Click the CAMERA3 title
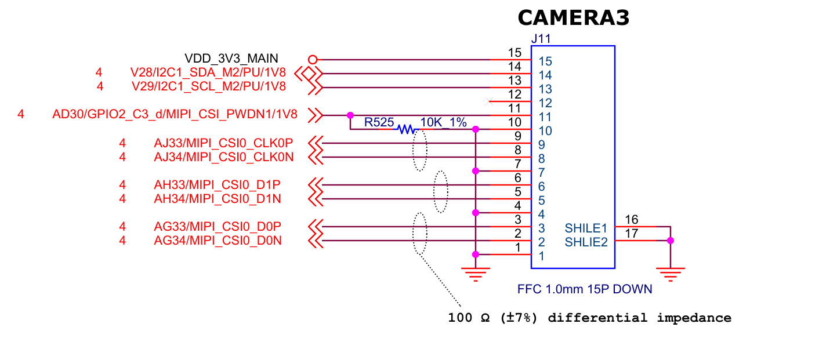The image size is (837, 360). tap(573, 18)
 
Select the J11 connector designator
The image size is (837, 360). tap(541, 39)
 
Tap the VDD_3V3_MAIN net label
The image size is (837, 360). tap(231, 59)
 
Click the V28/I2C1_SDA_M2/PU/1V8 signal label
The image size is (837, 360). tap(208, 73)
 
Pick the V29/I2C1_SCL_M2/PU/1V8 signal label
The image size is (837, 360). tap(208, 87)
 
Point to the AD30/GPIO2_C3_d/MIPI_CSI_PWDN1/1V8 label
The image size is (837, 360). tap(175, 115)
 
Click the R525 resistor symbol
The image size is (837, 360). tap(405, 129)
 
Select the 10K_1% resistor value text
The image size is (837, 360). tap(443, 122)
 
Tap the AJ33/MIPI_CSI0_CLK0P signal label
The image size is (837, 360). tap(223, 143)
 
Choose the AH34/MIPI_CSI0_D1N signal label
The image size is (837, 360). tap(218, 199)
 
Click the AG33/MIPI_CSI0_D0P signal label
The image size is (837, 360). tap(218, 226)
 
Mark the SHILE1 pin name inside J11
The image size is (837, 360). tap(585, 228)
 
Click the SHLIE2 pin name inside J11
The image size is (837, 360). tap(586, 242)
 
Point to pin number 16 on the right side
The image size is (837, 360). tap(632, 220)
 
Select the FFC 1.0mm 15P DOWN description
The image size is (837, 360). tap(584, 289)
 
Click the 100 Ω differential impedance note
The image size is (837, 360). tap(589, 318)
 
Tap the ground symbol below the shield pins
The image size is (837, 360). tap(671, 273)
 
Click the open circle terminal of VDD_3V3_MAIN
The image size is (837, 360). tap(313, 59)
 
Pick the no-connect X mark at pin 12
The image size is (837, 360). tap(489, 101)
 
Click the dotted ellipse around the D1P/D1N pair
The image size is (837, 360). tap(441, 192)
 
